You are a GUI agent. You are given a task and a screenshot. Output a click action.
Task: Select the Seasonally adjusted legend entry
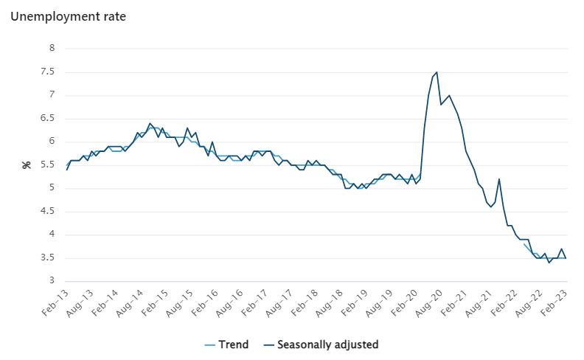click(327, 345)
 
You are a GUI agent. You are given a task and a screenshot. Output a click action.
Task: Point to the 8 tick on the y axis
click(52, 48)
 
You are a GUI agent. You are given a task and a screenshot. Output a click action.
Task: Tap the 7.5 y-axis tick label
click(48, 72)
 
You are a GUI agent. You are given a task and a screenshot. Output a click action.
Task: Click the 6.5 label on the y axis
click(48, 118)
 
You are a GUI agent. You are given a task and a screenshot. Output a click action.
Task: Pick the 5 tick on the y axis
click(52, 188)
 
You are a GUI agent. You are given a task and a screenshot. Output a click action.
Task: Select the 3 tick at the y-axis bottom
click(52, 281)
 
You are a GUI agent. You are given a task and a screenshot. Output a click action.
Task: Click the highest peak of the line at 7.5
click(437, 72)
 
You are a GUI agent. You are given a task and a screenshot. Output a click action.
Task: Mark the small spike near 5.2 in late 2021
click(499, 179)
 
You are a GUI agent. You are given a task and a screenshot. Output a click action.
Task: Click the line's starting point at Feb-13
click(67, 170)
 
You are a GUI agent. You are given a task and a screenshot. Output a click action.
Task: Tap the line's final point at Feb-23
click(566, 257)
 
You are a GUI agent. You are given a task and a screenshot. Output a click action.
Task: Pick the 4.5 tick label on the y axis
click(48, 211)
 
